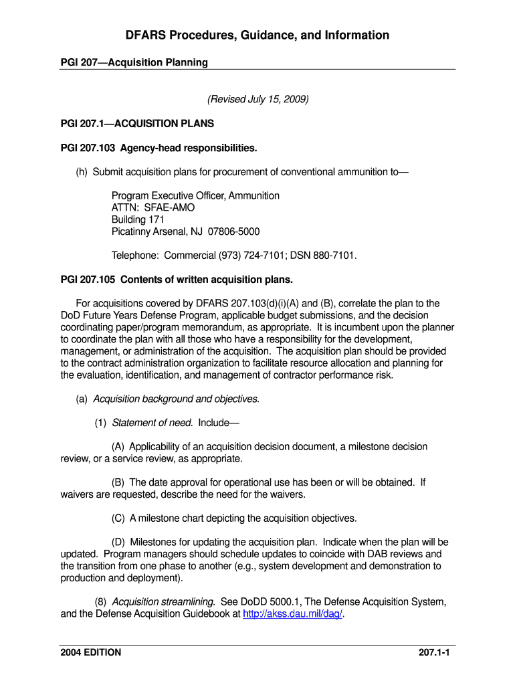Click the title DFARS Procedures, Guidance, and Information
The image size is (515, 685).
257,35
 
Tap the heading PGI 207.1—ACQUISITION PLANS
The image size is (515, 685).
137,124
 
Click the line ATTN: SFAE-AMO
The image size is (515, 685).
153,207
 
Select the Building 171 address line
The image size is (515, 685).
138,219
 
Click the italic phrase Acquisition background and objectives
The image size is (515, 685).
175,399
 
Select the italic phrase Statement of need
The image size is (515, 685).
152,423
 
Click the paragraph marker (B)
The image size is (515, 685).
118,482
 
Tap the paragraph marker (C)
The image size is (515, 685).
118,518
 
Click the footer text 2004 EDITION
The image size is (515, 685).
91,652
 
